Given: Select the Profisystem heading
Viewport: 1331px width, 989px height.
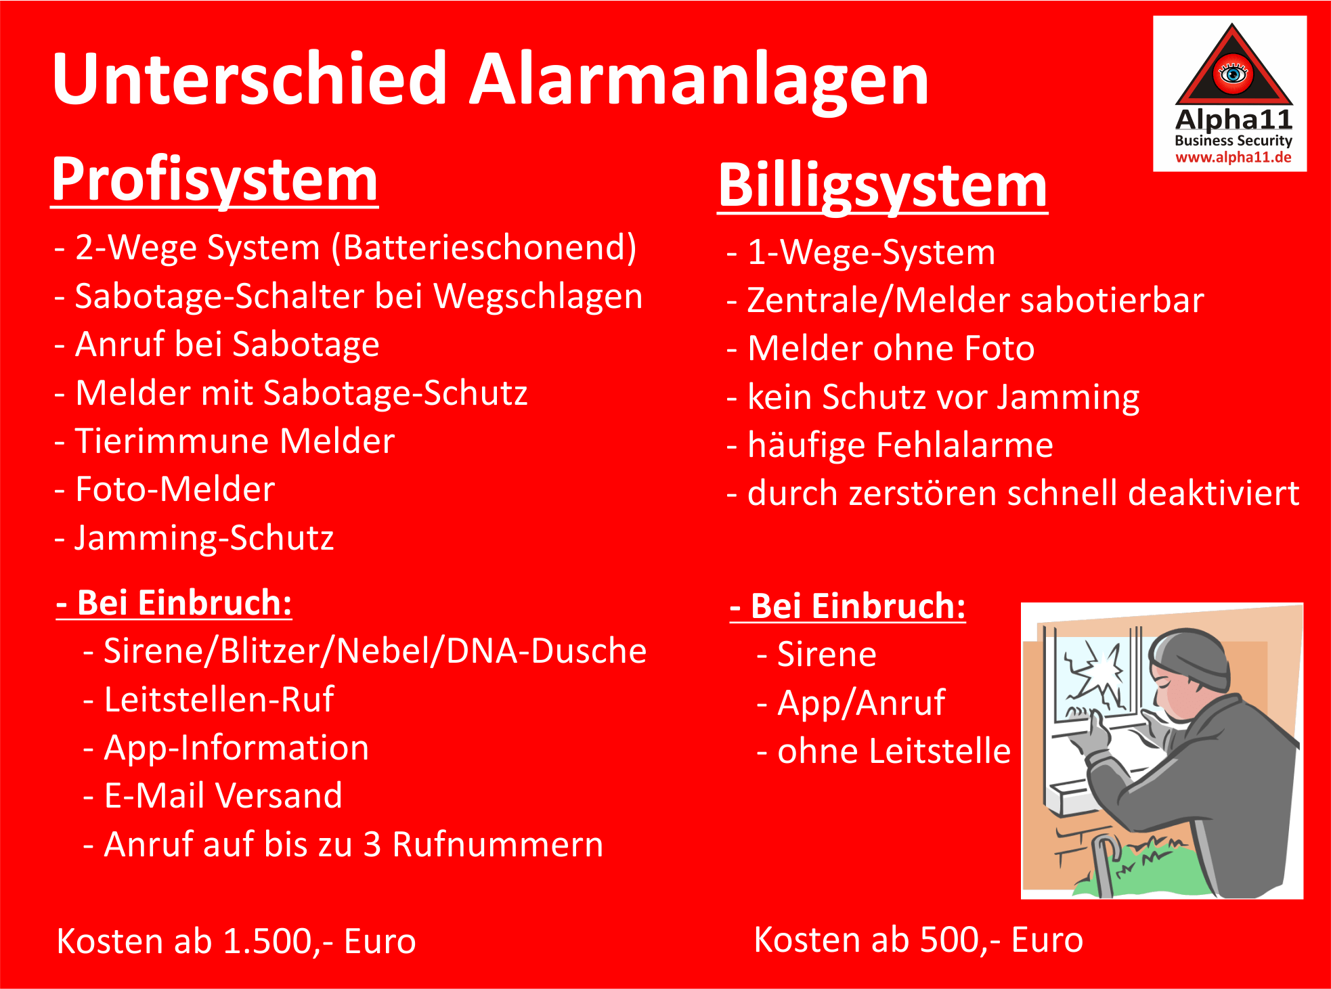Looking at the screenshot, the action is (215, 179).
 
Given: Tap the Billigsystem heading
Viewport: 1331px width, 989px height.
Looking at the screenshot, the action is (883, 186).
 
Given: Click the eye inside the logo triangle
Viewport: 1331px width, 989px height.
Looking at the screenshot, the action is (1233, 72).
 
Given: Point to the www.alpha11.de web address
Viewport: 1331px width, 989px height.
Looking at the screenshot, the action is (1234, 158).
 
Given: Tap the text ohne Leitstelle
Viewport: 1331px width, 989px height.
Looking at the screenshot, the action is (894, 751).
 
